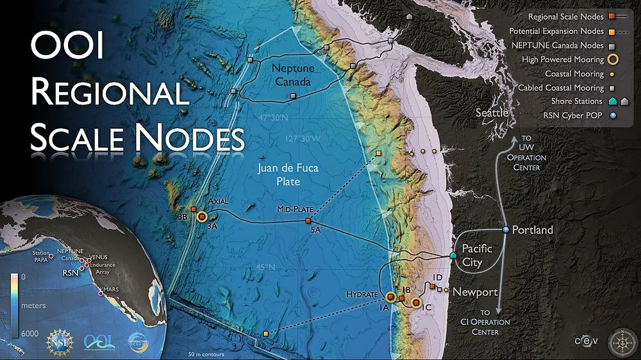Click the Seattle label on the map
click(x=492, y=113)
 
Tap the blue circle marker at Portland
click(x=506, y=229)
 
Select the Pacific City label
click(x=477, y=254)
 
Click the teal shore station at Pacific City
click(x=453, y=256)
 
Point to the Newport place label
click(x=475, y=292)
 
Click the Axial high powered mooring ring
click(x=201, y=217)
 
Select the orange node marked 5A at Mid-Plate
click(x=307, y=222)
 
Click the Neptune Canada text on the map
click(x=290, y=74)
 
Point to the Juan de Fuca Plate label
click(x=288, y=175)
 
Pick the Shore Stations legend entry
click(x=577, y=101)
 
